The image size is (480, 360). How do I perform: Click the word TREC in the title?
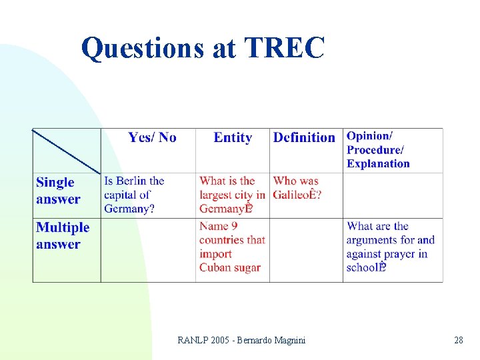coord(285,48)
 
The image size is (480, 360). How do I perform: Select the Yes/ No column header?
coord(152,138)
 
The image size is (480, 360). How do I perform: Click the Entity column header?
coord(233,138)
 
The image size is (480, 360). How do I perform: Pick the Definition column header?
coord(304,138)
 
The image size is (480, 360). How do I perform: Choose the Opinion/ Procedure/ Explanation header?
coord(378,150)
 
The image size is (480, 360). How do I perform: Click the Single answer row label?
coord(58,191)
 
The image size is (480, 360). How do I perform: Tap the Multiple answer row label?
coord(63,236)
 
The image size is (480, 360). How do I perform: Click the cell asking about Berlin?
coord(134,195)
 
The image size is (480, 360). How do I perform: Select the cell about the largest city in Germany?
coord(232,195)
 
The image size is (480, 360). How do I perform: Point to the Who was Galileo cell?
coord(297,188)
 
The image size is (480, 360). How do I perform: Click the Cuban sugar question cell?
coord(232,247)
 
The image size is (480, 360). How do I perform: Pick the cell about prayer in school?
coord(390,247)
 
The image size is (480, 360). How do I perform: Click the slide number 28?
coord(458,341)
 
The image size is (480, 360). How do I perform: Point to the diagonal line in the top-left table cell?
coord(67,151)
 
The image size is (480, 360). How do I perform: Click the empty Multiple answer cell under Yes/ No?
coord(148,250)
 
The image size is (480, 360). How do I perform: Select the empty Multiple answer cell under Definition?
coord(306,250)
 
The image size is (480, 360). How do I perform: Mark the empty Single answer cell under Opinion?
coord(393,195)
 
